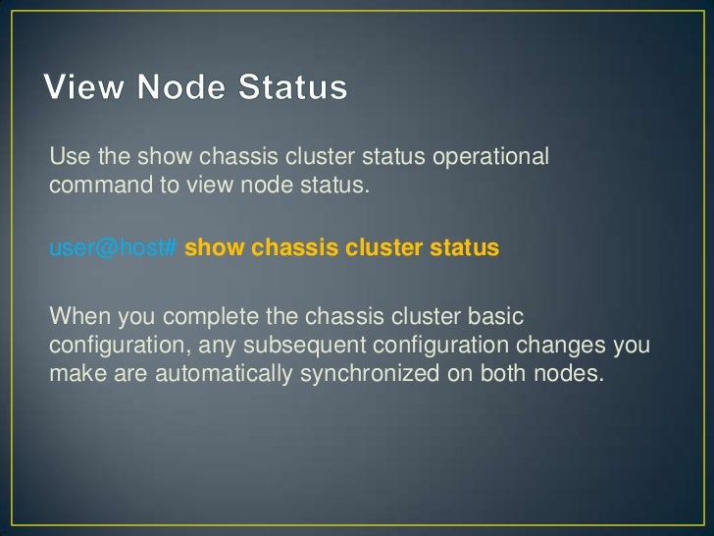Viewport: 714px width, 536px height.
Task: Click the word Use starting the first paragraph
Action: pos(68,157)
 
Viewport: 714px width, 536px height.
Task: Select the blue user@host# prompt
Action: pos(113,248)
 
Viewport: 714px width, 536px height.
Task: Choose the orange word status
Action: pos(462,248)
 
